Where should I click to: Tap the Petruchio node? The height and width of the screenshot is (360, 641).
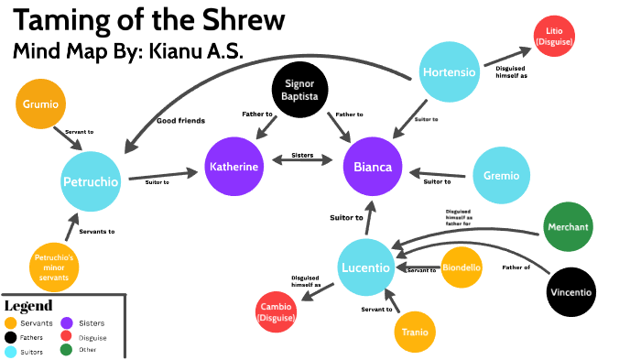click(x=91, y=180)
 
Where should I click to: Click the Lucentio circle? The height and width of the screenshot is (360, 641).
click(x=365, y=267)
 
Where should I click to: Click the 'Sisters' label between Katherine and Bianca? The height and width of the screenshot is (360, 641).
click(x=301, y=157)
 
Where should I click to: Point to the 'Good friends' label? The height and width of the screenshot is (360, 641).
click(x=180, y=120)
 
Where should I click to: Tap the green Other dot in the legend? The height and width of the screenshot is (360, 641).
click(x=66, y=349)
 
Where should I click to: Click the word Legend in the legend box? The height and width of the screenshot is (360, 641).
click(x=28, y=305)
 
